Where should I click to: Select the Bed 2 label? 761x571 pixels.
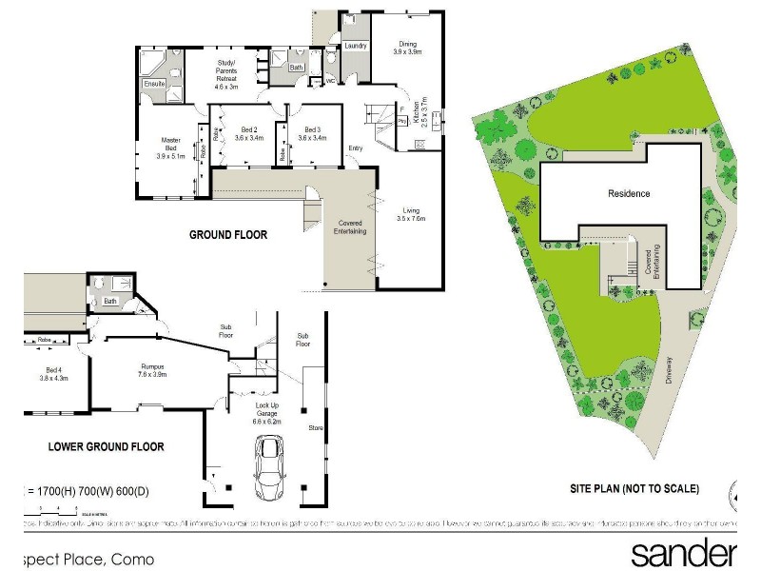pyautogui.click(x=249, y=132)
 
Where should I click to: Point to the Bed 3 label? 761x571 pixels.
pyautogui.click(x=312, y=132)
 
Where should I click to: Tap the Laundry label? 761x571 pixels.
pyautogui.click(x=355, y=46)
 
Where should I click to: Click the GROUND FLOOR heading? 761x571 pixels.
pyautogui.click(x=227, y=234)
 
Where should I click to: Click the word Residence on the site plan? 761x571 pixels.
pyautogui.click(x=629, y=193)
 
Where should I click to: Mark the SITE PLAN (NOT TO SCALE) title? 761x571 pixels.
pyautogui.click(x=634, y=488)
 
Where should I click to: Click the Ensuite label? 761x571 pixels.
pyautogui.click(x=154, y=84)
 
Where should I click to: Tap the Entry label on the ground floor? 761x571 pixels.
pyautogui.click(x=355, y=148)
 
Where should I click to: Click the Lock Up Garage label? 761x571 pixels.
pyautogui.click(x=266, y=409)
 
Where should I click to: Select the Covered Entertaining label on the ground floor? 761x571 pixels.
pyautogui.click(x=349, y=227)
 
